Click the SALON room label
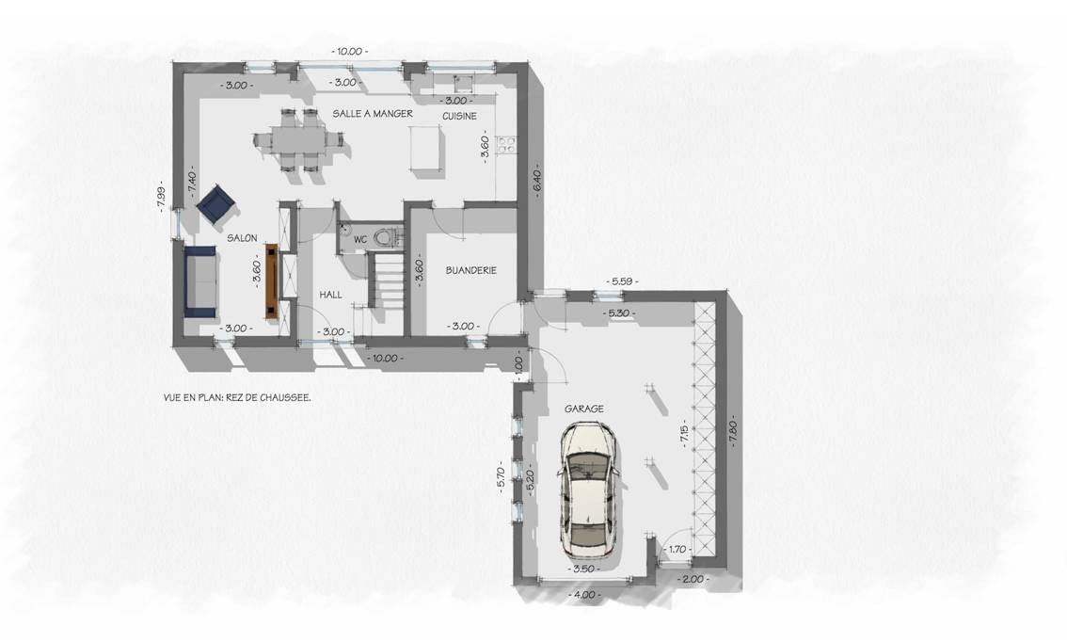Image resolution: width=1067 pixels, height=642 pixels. point(242,237)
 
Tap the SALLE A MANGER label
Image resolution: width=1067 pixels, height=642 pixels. point(373,114)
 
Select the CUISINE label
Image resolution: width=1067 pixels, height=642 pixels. point(459,117)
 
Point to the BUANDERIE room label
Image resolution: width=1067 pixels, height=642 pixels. point(470,270)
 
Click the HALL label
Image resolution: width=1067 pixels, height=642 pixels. point(330,295)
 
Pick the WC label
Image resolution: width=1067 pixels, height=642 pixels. point(360,240)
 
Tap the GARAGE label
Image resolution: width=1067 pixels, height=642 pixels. point(584,409)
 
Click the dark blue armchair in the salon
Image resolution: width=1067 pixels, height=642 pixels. point(215,203)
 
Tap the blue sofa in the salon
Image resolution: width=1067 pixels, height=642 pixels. point(200,281)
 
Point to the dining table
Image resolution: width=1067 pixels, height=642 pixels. point(298,140)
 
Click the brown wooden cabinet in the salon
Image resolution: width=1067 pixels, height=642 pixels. point(273,281)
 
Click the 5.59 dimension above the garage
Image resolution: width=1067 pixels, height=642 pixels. point(621,281)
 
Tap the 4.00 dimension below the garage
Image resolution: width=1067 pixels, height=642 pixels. point(584,595)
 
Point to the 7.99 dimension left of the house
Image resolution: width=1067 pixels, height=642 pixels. point(161,195)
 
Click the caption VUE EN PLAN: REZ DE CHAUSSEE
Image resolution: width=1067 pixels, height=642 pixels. point(237,397)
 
